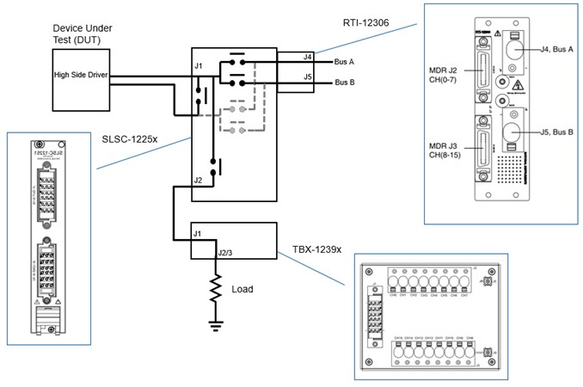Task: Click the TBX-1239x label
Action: (x=316, y=250)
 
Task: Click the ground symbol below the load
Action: (x=217, y=323)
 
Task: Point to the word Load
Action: (x=242, y=289)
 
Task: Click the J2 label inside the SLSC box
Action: (x=199, y=181)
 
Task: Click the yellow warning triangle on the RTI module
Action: (x=519, y=86)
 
